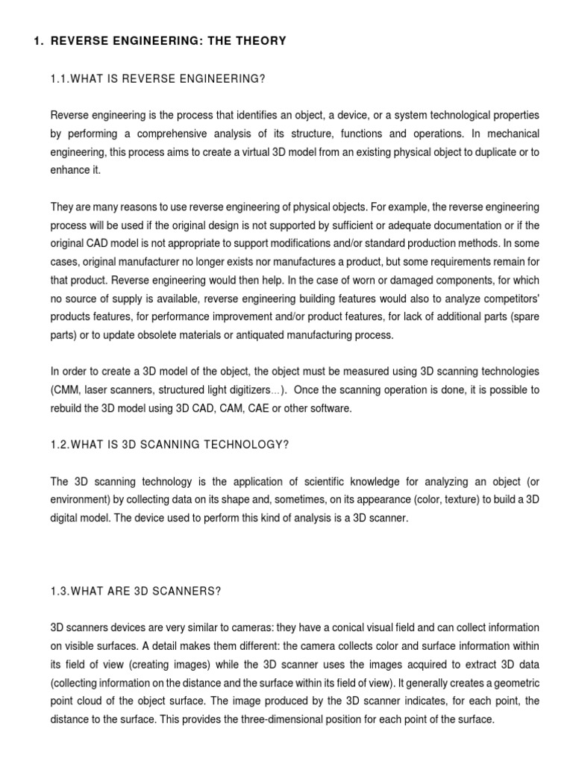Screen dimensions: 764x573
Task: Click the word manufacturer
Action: [x=156, y=260]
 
